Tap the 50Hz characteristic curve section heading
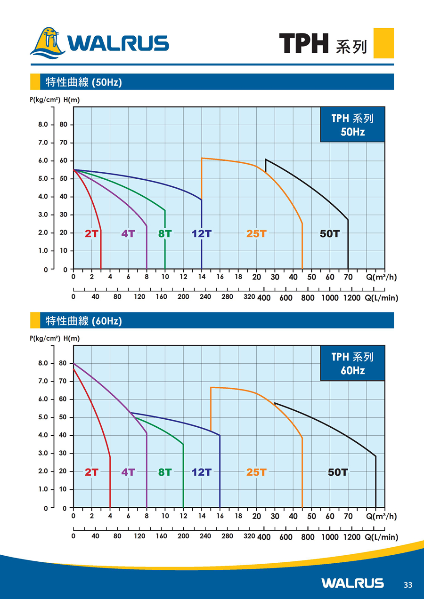click(x=83, y=82)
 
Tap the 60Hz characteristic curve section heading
click(x=83, y=321)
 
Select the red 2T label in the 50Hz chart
click(x=91, y=233)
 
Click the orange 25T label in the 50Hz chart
click(x=256, y=233)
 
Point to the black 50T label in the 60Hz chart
click(x=338, y=472)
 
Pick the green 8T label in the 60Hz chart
click(x=165, y=472)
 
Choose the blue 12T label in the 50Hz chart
click(x=202, y=233)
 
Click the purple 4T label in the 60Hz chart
click(x=128, y=472)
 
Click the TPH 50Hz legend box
click(x=352, y=125)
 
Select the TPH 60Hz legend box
click(x=352, y=363)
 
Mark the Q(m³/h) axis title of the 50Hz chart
click(x=381, y=278)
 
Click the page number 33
click(x=408, y=585)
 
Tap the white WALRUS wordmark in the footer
click(x=352, y=583)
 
